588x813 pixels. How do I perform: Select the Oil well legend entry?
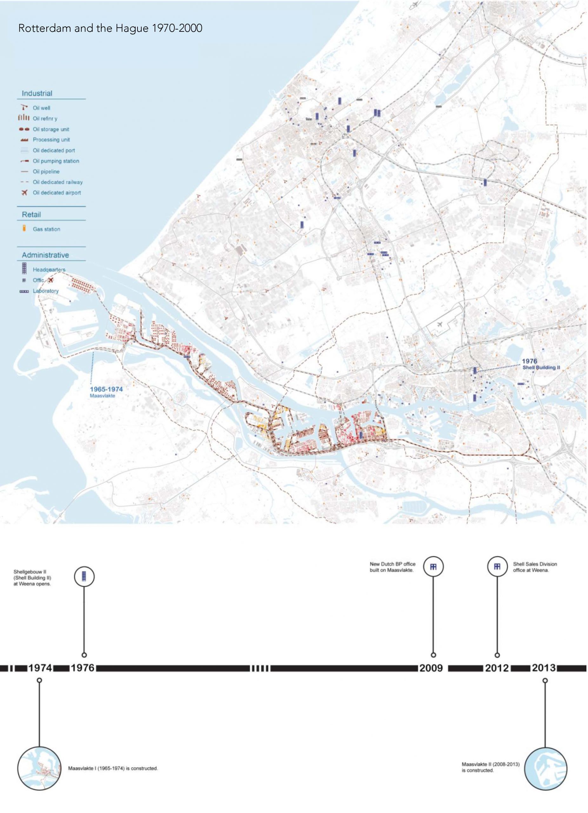41,108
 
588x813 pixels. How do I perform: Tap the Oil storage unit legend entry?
50,129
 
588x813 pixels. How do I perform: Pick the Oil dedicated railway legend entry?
57,182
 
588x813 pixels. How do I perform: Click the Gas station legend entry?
46,229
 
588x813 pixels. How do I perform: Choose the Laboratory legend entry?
45,291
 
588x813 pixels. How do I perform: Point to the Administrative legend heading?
45,255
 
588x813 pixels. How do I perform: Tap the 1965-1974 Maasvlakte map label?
106,392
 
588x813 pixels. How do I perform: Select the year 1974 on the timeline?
40,668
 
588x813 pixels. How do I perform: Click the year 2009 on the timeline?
432,668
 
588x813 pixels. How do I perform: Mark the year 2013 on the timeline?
544,668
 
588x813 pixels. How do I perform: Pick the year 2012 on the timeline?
497,668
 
